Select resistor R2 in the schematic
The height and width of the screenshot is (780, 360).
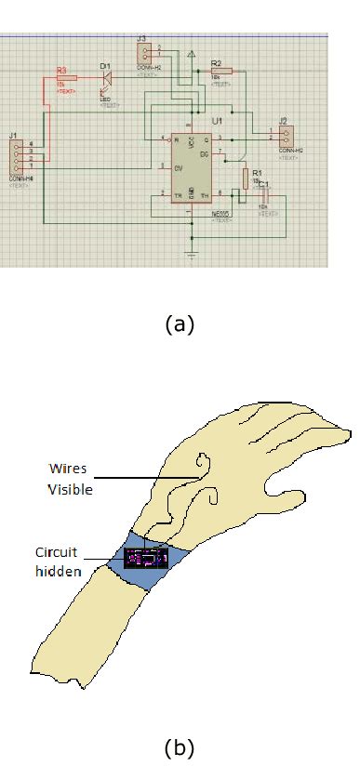click(x=220, y=72)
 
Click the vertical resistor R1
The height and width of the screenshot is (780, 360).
click(x=246, y=178)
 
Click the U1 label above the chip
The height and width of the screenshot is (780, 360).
click(x=217, y=122)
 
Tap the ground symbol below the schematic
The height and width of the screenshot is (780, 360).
click(x=192, y=254)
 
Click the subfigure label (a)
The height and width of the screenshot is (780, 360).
click(x=179, y=324)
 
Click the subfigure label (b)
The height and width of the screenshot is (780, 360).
click(x=179, y=747)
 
